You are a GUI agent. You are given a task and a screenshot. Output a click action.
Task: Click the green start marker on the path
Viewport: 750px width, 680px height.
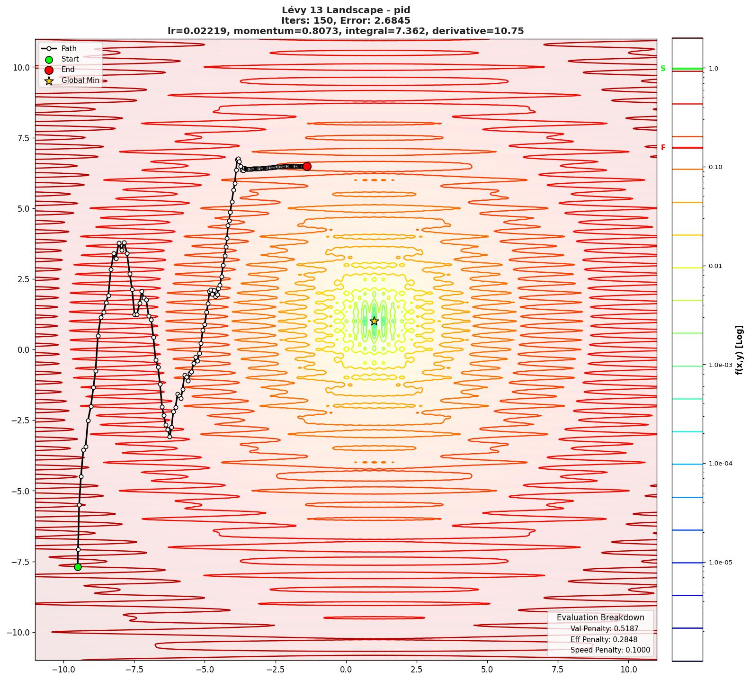point(78,567)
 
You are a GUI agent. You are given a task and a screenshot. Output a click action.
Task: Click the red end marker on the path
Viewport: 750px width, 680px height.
point(307,166)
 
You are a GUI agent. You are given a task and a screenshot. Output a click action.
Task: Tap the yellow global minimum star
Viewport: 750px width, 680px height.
point(374,321)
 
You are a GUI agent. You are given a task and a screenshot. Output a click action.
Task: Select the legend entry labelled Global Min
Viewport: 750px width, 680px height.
point(80,81)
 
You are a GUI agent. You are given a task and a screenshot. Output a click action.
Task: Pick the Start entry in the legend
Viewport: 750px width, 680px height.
point(70,59)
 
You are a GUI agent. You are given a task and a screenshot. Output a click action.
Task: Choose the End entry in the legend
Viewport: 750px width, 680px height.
point(68,70)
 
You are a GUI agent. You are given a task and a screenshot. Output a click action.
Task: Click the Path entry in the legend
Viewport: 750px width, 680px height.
point(69,48)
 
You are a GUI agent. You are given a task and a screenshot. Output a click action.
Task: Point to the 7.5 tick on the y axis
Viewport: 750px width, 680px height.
point(21,138)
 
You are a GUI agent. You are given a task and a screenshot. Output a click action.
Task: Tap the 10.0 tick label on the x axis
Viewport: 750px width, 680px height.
point(628,670)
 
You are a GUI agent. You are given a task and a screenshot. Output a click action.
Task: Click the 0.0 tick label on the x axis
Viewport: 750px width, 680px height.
point(346,670)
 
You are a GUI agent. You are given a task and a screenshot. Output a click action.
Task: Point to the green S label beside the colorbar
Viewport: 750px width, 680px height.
point(663,69)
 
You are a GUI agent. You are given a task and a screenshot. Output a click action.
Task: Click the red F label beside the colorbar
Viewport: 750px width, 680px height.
point(663,148)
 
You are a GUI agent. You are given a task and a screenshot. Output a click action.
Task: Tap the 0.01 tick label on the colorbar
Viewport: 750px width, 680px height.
point(715,266)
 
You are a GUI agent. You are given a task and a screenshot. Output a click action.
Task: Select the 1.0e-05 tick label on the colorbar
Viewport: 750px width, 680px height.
point(720,563)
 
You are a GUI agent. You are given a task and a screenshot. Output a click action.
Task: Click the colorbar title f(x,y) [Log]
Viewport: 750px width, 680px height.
point(739,350)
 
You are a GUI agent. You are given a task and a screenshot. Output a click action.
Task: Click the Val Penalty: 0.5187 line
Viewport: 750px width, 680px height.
point(604,629)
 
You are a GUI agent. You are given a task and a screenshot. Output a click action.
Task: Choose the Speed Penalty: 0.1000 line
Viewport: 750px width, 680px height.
point(610,650)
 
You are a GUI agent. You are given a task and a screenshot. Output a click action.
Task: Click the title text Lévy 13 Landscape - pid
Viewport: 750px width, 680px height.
point(346,10)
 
